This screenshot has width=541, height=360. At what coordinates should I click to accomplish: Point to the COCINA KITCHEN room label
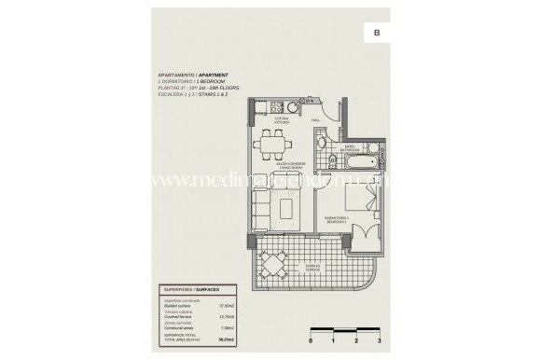point(280,120)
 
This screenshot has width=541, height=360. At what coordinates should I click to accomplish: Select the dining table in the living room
point(271,143)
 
